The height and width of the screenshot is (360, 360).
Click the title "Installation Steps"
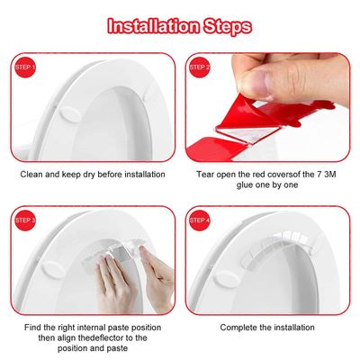coord(179,25)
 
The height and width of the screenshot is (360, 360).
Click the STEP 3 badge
coord(25,219)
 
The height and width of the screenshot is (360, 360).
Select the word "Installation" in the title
coord(149,25)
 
